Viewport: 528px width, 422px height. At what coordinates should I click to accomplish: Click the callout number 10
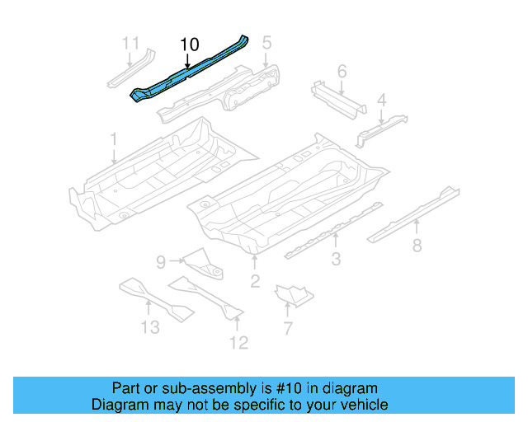coord(189,44)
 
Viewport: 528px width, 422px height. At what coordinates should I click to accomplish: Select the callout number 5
coord(266,42)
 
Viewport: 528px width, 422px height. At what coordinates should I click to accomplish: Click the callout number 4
coord(381,101)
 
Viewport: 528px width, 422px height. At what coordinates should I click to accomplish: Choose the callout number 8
coord(417,244)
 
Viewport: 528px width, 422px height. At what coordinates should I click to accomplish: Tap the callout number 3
coord(337,261)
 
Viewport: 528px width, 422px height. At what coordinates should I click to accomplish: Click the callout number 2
coord(255,282)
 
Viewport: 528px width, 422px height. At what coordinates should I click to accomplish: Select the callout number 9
coord(162,262)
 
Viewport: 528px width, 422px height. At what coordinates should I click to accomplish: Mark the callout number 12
coord(238,342)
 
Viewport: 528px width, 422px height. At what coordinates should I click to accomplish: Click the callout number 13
coord(149,328)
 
